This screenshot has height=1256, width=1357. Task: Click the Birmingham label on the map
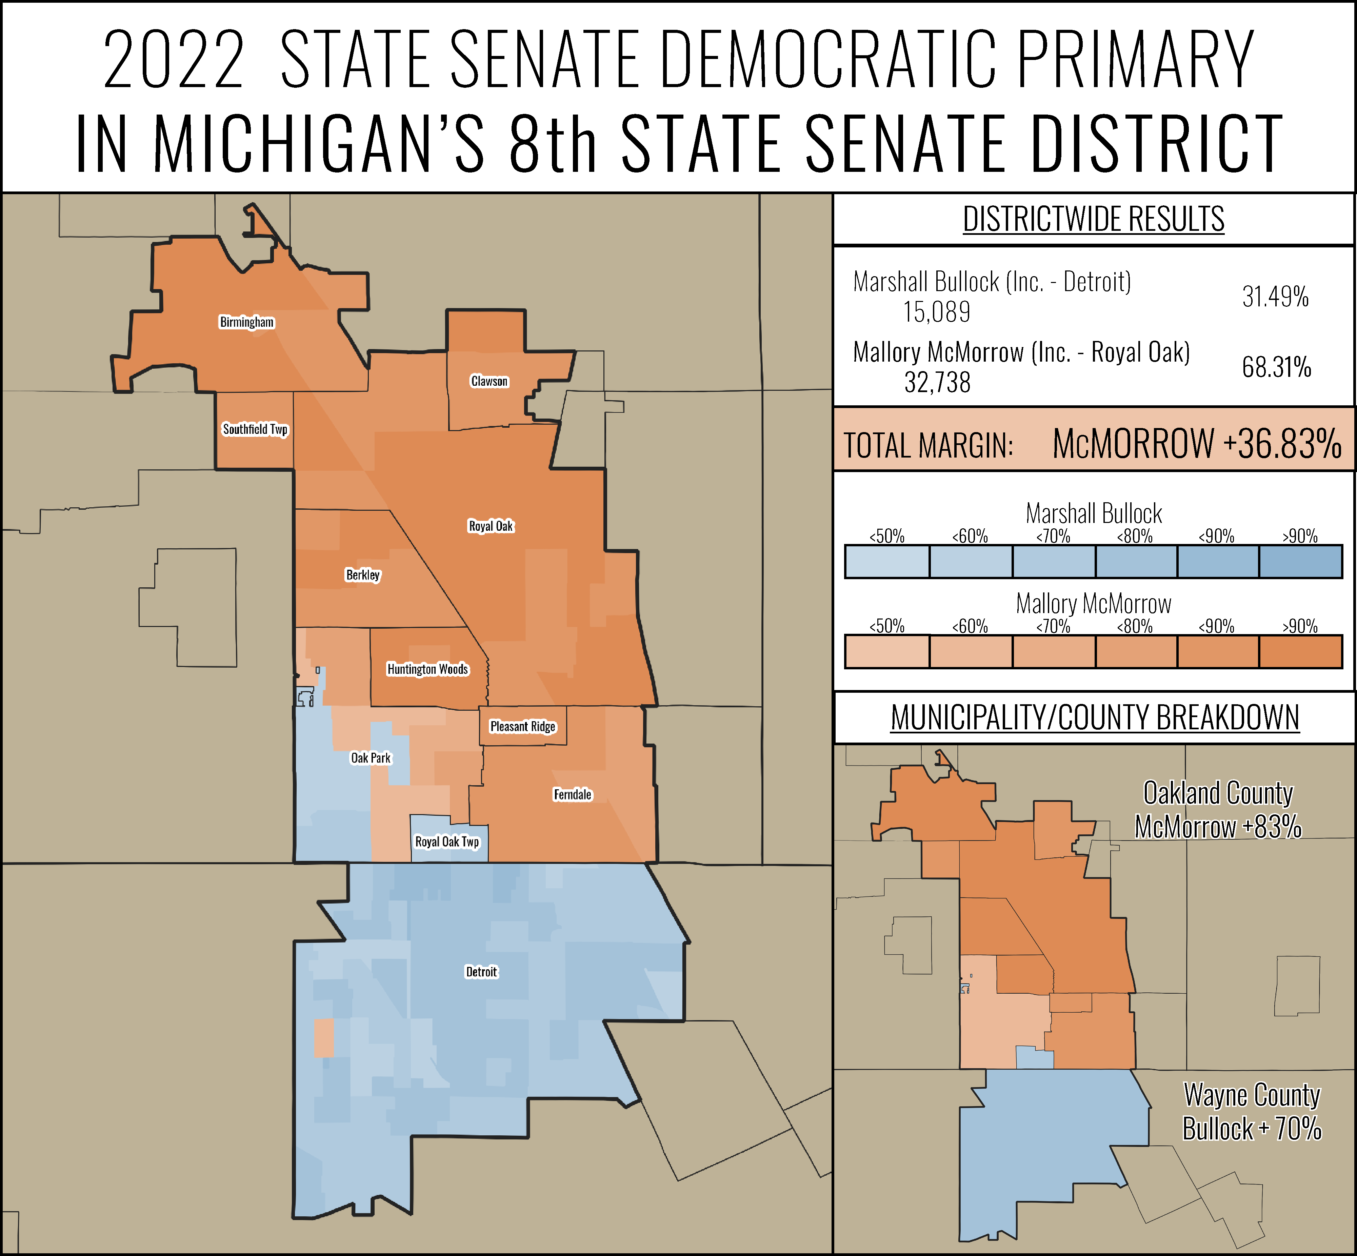247,322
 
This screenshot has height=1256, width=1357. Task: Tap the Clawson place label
490,381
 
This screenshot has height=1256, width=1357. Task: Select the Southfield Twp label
255,429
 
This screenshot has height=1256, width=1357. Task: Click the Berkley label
363,575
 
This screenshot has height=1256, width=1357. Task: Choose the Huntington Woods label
427,669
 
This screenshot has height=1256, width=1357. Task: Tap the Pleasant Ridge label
523,727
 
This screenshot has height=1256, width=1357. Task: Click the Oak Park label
371,758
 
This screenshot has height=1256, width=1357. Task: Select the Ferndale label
573,794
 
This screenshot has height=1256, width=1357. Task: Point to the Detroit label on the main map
481,972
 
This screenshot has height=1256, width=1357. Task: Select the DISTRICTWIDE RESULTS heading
1093,219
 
